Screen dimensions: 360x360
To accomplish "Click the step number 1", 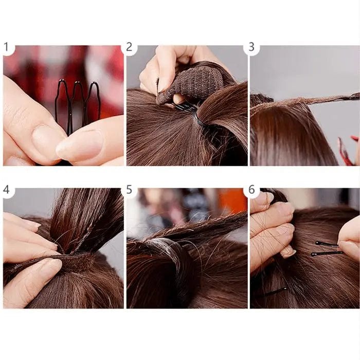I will [6, 47].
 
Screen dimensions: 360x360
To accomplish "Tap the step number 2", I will [129, 47].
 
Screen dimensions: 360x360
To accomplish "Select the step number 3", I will [251, 47].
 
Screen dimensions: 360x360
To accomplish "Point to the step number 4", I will [6, 189].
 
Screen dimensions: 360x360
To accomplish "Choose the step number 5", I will [129, 189].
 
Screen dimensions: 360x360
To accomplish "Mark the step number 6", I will [251, 189].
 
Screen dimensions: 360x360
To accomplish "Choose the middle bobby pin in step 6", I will [326, 253].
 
